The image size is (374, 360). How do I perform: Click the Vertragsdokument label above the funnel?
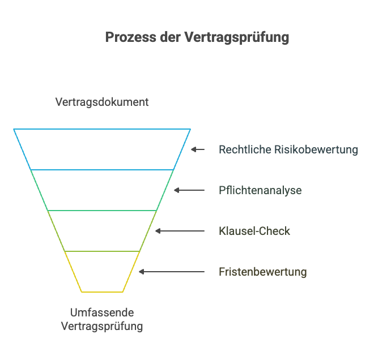(x=102, y=102)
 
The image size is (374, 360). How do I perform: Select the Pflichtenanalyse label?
(x=260, y=190)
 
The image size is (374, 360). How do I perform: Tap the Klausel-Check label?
(x=254, y=231)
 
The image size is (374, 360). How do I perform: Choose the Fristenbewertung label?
(x=263, y=272)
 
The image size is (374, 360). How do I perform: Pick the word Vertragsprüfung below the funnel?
(x=102, y=327)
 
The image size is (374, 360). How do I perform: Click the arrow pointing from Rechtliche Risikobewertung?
(x=198, y=149)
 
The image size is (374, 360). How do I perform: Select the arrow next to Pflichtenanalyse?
(x=189, y=190)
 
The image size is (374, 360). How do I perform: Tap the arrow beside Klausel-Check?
(x=180, y=231)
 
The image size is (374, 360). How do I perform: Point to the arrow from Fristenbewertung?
(x=172, y=272)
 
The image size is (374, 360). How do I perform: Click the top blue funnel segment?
(x=102, y=149)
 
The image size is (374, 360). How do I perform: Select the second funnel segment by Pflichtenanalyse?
(x=102, y=190)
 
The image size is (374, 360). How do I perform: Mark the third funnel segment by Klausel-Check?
(x=102, y=231)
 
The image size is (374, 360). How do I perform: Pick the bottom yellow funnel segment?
(x=102, y=272)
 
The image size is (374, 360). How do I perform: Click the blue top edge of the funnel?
(x=102, y=130)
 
